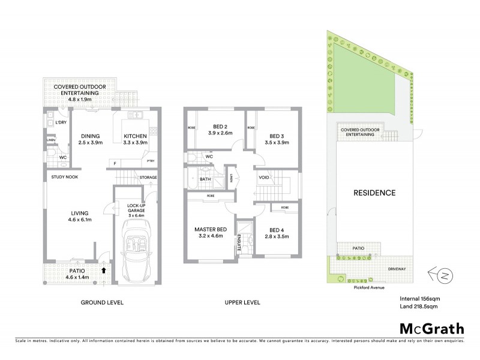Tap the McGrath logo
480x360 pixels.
(431, 328)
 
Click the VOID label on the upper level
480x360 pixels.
(264, 178)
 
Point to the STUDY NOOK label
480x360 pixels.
(64, 177)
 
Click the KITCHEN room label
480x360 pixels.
(136, 136)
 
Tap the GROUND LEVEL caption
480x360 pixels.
(102, 303)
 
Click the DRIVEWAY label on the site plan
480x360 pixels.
(397, 269)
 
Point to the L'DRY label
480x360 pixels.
(61, 122)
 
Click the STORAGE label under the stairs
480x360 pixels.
(148, 178)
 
